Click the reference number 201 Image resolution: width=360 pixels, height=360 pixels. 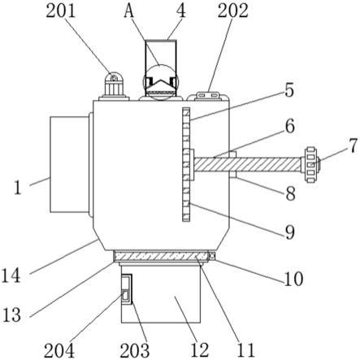click(x=61, y=11)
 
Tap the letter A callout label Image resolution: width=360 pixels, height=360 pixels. click(x=129, y=11)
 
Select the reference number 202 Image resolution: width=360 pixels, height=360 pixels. click(x=233, y=11)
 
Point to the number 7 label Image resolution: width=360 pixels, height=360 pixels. click(x=353, y=145)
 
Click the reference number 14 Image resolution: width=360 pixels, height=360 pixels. click(x=11, y=275)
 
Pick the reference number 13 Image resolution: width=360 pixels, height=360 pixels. click(x=11, y=315)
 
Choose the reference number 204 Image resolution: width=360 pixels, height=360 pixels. click(x=59, y=350)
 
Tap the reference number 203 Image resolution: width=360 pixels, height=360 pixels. click(x=135, y=350)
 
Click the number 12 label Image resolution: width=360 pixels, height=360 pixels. click(x=200, y=350)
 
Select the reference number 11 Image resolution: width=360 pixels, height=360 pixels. click(x=246, y=350)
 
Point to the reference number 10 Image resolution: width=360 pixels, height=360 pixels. click(x=293, y=279)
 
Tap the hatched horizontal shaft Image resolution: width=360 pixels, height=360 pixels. click(x=247, y=164)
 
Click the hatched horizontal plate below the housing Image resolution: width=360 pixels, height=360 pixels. click(x=161, y=256)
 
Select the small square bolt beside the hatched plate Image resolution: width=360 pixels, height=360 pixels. click(x=212, y=256)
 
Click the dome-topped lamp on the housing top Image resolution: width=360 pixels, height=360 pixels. click(x=114, y=86)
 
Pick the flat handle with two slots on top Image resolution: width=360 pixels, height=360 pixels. click(x=208, y=96)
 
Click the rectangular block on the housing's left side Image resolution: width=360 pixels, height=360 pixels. click(x=70, y=164)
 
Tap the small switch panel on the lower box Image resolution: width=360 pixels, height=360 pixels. click(x=126, y=289)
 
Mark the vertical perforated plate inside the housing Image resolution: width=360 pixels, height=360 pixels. click(x=186, y=164)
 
